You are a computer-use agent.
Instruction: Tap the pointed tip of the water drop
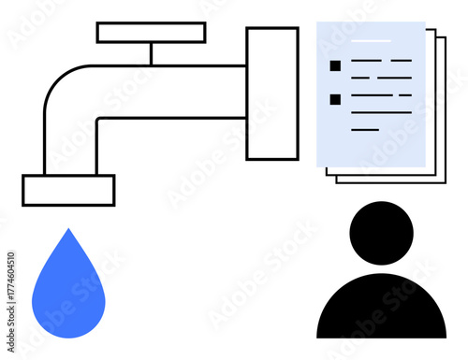point(66,230)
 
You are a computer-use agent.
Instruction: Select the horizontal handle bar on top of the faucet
point(151,33)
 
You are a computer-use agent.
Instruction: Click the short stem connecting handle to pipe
point(151,54)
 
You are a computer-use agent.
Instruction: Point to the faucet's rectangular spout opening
point(68,190)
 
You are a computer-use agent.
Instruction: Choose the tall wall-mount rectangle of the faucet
point(272,94)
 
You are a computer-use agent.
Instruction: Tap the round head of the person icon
point(380,233)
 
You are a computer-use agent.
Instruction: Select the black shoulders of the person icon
point(381,309)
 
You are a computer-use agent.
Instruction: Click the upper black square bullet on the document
point(334,65)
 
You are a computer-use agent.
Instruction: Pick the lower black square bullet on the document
point(334,98)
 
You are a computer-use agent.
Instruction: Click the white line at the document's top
point(371,42)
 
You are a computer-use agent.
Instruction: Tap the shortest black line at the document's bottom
point(365,129)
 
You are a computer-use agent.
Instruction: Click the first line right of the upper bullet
point(366,61)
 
